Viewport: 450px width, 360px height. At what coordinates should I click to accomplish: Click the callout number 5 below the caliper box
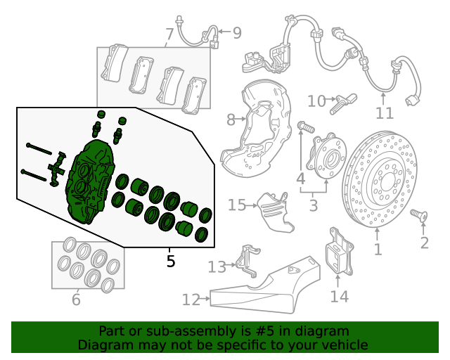tap(170, 262)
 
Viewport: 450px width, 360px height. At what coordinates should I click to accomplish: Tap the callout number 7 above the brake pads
tap(169, 34)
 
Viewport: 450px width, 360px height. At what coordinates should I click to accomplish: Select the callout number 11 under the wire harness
tap(385, 113)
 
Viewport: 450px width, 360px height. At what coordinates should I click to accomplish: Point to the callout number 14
tap(339, 296)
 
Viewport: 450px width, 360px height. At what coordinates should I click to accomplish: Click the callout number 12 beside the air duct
tap(191, 300)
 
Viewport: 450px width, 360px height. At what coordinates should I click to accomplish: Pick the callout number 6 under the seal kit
tap(76, 300)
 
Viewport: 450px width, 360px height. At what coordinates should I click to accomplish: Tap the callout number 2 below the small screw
tap(425, 243)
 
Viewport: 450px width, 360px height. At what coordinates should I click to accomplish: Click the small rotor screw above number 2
tap(419, 215)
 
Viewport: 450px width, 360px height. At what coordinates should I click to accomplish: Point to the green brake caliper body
tap(91, 181)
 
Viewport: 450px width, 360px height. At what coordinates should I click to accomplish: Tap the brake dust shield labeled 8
tap(255, 129)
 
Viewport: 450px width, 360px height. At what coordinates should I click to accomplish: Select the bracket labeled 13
tap(247, 261)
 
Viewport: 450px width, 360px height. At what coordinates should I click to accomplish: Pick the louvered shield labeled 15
tap(275, 212)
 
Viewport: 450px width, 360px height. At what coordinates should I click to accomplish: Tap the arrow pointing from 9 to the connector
tap(224, 32)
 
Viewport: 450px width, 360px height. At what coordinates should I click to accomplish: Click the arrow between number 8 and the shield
tap(240, 119)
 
